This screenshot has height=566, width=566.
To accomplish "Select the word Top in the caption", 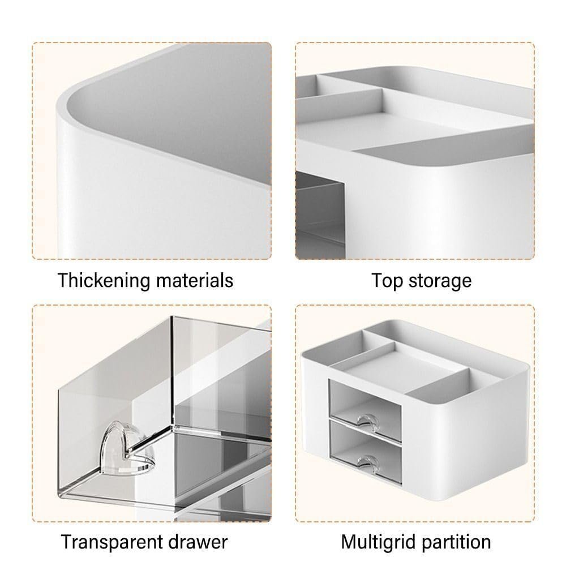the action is click(387, 281).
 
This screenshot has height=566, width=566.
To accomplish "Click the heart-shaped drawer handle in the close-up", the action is click(127, 448).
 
